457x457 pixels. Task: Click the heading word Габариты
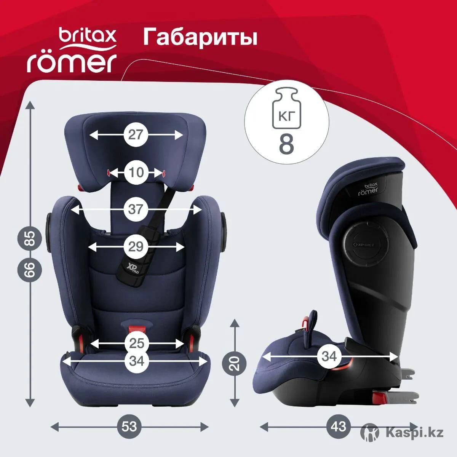tap(200, 37)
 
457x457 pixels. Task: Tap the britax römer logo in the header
tap(72, 50)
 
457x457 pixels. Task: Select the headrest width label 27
tap(136, 135)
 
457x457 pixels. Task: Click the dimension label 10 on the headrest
tap(136, 173)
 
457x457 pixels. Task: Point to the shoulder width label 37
tap(136, 209)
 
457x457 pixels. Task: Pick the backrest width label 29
tap(136, 247)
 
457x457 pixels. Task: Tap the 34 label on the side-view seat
tap(329, 356)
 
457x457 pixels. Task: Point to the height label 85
tap(30, 238)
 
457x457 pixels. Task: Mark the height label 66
tap(30, 269)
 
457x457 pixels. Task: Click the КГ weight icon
tap(286, 109)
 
